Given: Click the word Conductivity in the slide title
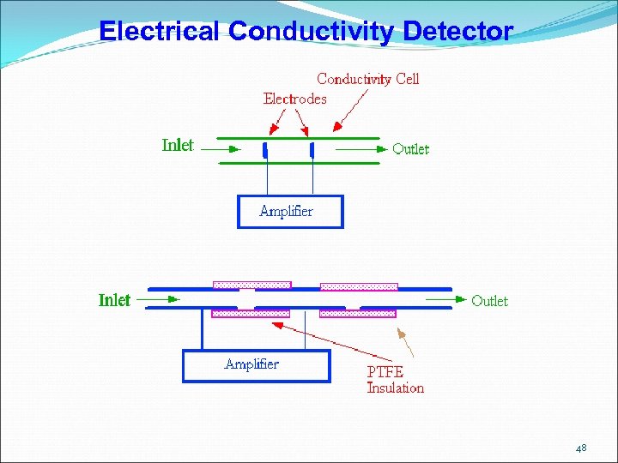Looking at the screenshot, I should (x=312, y=32).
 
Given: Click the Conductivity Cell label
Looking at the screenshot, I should (x=367, y=79).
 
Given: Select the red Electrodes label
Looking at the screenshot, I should (x=295, y=99).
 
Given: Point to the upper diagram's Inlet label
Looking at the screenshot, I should (x=178, y=145).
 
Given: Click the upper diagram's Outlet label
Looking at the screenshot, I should (x=410, y=149).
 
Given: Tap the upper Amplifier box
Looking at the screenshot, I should (x=290, y=212).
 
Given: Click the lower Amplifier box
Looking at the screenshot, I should (x=256, y=365).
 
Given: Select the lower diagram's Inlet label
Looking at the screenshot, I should (x=114, y=300).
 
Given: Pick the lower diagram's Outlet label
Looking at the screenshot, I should (x=489, y=301).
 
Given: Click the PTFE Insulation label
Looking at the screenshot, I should (x=395, y=380).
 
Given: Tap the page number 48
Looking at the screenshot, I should (x=581, y=448).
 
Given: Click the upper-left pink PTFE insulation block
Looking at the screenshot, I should (x=251, y=285).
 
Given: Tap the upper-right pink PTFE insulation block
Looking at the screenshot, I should (x=359, y=286).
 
